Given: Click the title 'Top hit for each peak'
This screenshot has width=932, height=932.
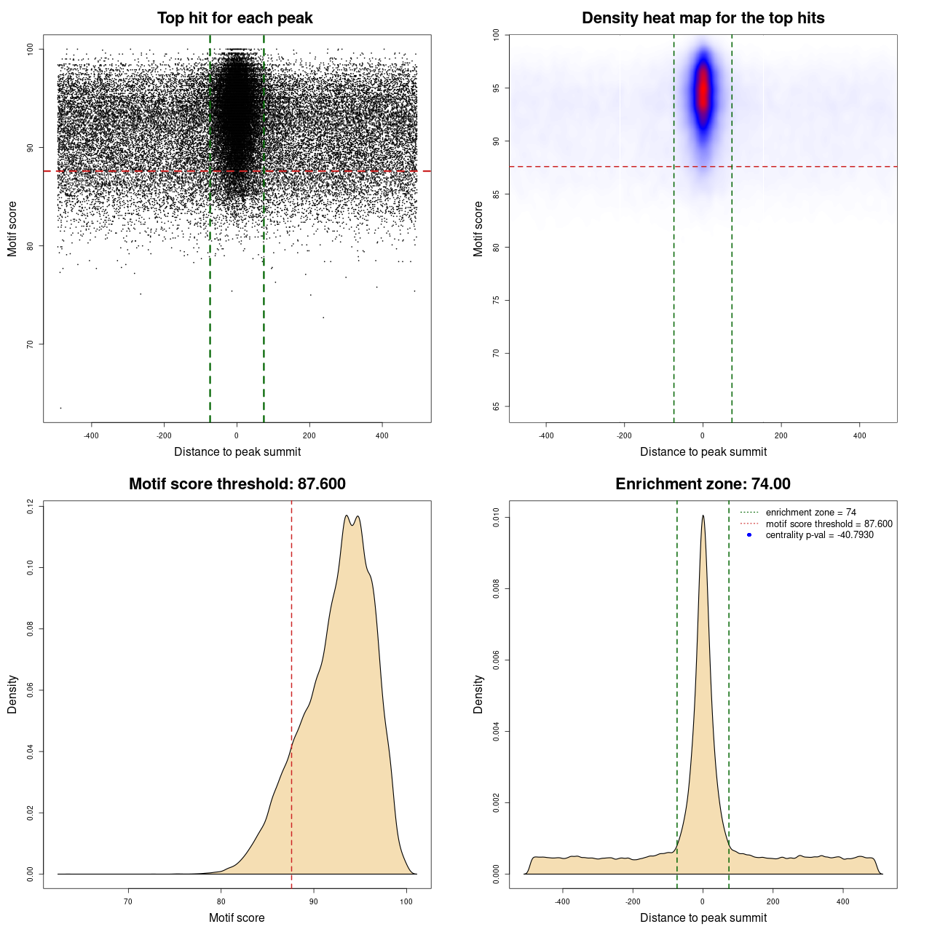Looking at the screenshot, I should pos(234,18).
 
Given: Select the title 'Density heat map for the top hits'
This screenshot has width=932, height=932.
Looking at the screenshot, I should pos(703,18).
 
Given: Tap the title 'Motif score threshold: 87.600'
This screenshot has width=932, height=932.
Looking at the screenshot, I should pos(237,484).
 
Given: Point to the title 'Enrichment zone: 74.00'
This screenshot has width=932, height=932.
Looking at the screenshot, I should pos(703,484).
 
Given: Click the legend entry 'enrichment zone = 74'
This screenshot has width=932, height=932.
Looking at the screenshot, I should pos(810,513).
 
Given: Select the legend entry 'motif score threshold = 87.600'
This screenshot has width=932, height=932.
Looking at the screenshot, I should pos(829,524).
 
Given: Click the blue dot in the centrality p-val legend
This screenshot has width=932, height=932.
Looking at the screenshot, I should pos(749,535).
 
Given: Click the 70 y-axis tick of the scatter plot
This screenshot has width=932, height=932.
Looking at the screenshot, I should pos(31,344).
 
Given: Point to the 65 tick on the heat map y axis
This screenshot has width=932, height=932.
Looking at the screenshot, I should pos(497,406).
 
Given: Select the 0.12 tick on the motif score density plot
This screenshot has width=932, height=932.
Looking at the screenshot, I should pos(31,506).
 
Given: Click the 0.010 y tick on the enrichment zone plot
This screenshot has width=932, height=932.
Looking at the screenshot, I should pos(497,518).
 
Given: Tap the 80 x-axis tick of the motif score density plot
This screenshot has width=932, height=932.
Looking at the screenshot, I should pos(221,901).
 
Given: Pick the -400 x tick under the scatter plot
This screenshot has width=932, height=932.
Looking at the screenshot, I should pos(91,435).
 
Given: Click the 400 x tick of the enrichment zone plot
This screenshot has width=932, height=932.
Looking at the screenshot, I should pos(842,901).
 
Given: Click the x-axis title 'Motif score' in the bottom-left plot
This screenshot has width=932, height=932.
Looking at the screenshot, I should pos(237,917).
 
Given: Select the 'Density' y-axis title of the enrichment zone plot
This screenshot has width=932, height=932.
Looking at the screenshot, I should pos(478,694).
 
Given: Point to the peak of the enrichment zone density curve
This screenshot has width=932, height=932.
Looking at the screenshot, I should pos(703,516).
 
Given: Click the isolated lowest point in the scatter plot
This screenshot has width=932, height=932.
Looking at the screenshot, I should pos(60,408).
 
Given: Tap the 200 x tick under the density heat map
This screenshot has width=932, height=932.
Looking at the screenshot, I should pos(781,435).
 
